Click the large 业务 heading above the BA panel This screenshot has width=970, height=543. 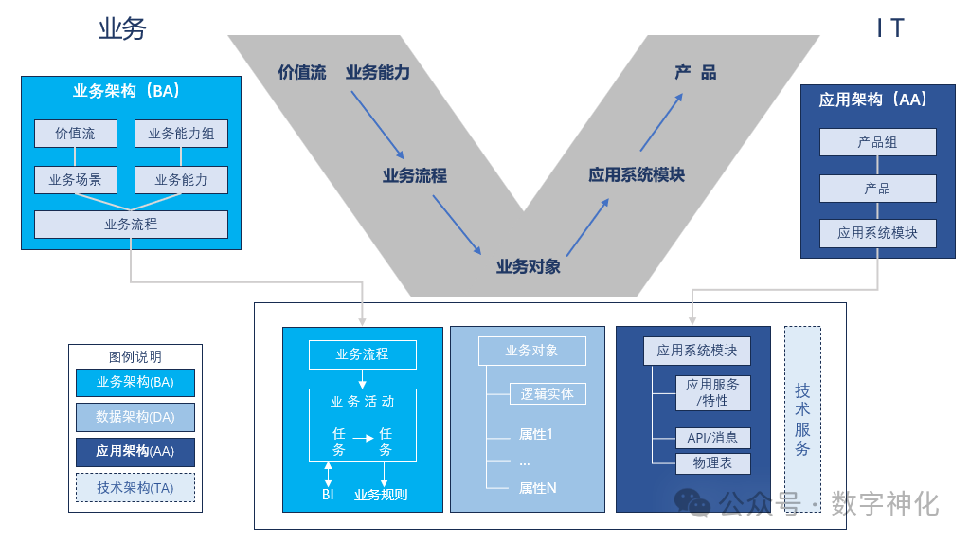122,29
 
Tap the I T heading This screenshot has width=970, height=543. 890,28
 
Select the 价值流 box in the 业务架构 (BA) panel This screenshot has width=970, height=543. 75,134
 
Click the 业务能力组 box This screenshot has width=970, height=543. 181,134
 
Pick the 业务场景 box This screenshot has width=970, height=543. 75,179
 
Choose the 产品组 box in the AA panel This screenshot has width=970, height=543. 877,142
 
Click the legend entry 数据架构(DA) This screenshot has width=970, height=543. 135,417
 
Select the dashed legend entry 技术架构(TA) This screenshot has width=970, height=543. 135,487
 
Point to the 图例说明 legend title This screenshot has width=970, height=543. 135,357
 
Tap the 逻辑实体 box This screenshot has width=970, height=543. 547,393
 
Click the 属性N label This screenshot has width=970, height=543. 537,488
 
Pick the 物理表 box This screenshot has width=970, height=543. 711,463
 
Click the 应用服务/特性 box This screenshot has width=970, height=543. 713,392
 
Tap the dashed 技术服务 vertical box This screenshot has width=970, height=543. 802,420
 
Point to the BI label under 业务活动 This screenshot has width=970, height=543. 328,494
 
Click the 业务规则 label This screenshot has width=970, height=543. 381,494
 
